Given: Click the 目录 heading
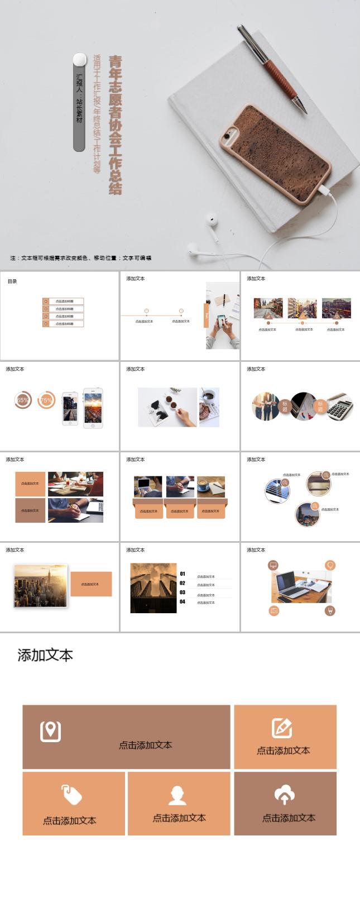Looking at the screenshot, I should click(x=12, y=281).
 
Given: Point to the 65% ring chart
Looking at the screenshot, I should click(x=23, y=400).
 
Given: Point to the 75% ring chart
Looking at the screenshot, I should click(x=46, y=400).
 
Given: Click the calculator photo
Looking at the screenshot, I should click(x=339, y=407).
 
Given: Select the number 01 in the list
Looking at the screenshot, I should click(x=183, y=574).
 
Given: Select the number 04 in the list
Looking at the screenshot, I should click(x=183, y=601).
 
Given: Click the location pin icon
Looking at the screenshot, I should click(x=50, y=730).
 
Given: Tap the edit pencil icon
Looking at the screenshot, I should click(x=282, y=728).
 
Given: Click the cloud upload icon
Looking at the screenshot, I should click(x=285, y=794).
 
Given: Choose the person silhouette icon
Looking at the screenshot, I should click(x=177, y=795).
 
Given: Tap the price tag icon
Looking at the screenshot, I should click(x=71, y=794).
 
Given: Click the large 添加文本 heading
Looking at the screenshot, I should click(x=45, y=655).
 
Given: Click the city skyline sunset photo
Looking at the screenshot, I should click(x=40, y=585).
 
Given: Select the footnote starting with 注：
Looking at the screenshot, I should click(x=80, y=258).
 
